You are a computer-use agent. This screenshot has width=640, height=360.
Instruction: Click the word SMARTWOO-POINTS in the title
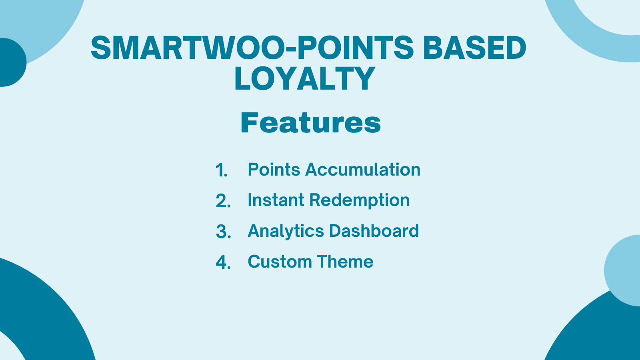pos(253,48)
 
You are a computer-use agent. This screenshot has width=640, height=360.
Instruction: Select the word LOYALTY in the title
pos(305,79)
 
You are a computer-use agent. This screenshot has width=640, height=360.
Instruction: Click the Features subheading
pos(310,123)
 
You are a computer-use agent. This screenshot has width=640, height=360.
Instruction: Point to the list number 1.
pos(221,170)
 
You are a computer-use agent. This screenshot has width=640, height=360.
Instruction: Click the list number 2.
pos(223,201)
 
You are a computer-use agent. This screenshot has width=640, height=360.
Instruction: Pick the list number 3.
pos(223,232)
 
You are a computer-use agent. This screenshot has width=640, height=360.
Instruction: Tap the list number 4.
pos(223,262)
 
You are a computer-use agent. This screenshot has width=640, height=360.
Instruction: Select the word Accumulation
pos(363,170)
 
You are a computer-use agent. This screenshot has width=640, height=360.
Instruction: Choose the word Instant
pos(276,200)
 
